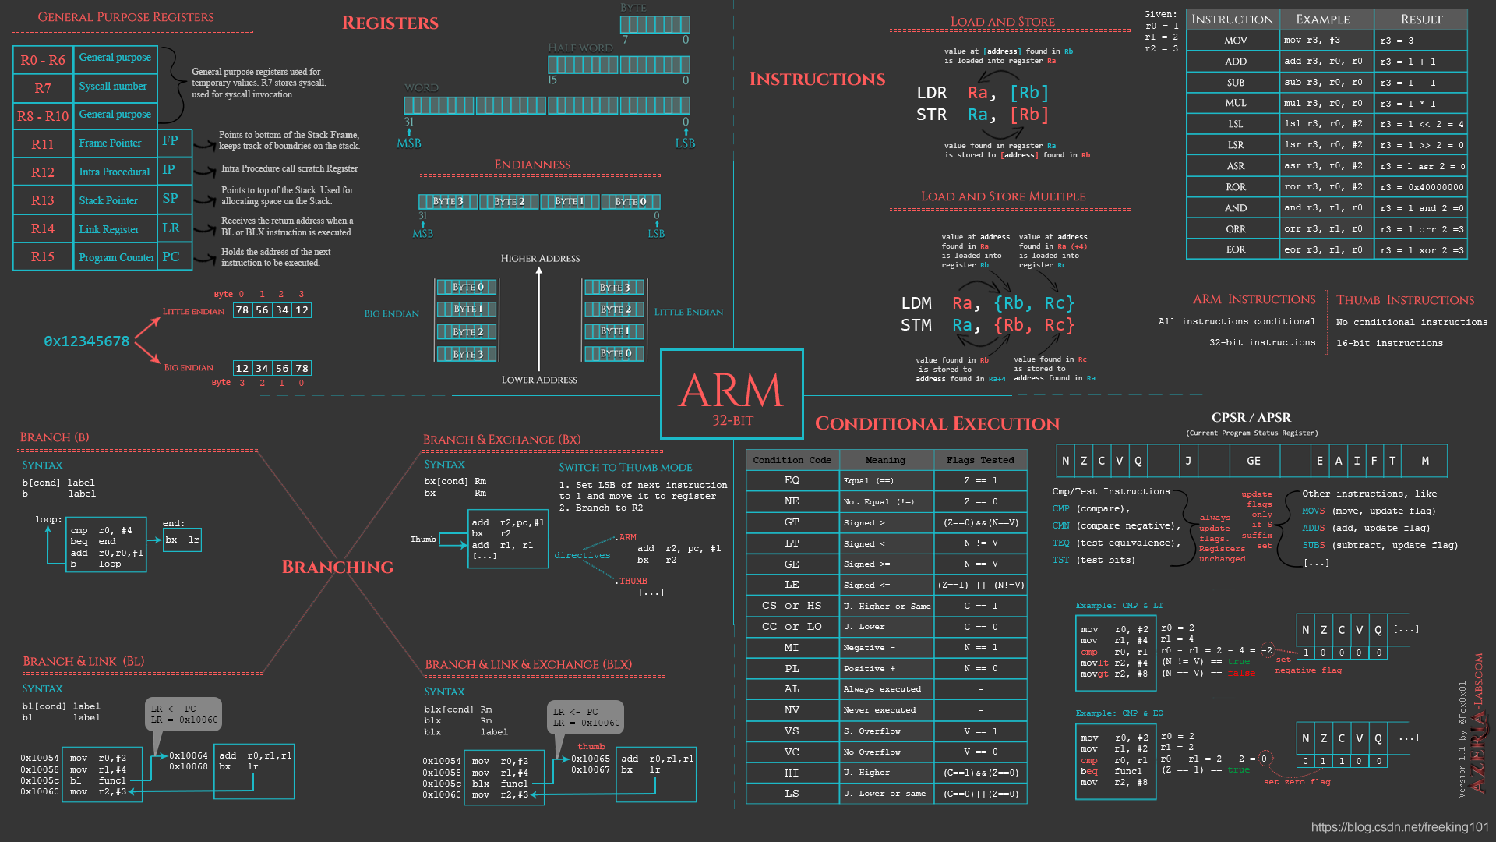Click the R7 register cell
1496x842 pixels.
pyautogui.click(x=43, y=88)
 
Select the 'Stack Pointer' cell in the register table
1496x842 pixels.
pyautogui.click(x=108, y=200)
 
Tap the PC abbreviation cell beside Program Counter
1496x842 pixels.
pyautogui.click(x=171, y=256)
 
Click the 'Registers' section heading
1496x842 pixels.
pyautogui.click(x=390, y=23)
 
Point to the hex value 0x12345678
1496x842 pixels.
pyautogui.click(x=86, y=341)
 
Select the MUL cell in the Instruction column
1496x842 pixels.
pyautogui.click(x=1235, y=103)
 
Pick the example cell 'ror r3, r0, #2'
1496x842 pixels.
pyautogui.click(x=1322, y=187)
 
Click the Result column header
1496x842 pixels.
pyautogui.click(x=1421, y=19)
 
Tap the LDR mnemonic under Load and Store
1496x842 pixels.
pyautogui.click(x=931, y=93)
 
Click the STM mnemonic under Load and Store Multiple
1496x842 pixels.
pyautogui.click(x=916, y=325)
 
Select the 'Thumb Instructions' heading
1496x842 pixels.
pyautogui.click(x=1405, y=300)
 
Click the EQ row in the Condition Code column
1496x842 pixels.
pyautogui.click(x=792, y=480)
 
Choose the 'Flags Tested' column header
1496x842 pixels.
pyautogui.click(x=980, y=460)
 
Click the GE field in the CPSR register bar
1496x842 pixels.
pyautogui.click(x=1253, y=461)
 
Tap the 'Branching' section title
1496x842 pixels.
pyautogui.click(x=337, y=567)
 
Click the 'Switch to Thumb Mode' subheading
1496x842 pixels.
pyautogui.click(x=625, y=467)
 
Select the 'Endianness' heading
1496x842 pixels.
pyautogui.click(x=532, y=165)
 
